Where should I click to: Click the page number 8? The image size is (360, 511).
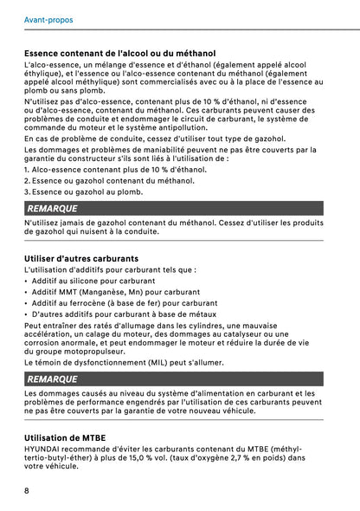pos(28,490)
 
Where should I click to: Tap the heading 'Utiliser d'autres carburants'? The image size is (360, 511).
pos(82,258)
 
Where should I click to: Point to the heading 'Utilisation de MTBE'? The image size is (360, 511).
pos(66,438)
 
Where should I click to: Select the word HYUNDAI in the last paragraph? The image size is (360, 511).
pos(45,450)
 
